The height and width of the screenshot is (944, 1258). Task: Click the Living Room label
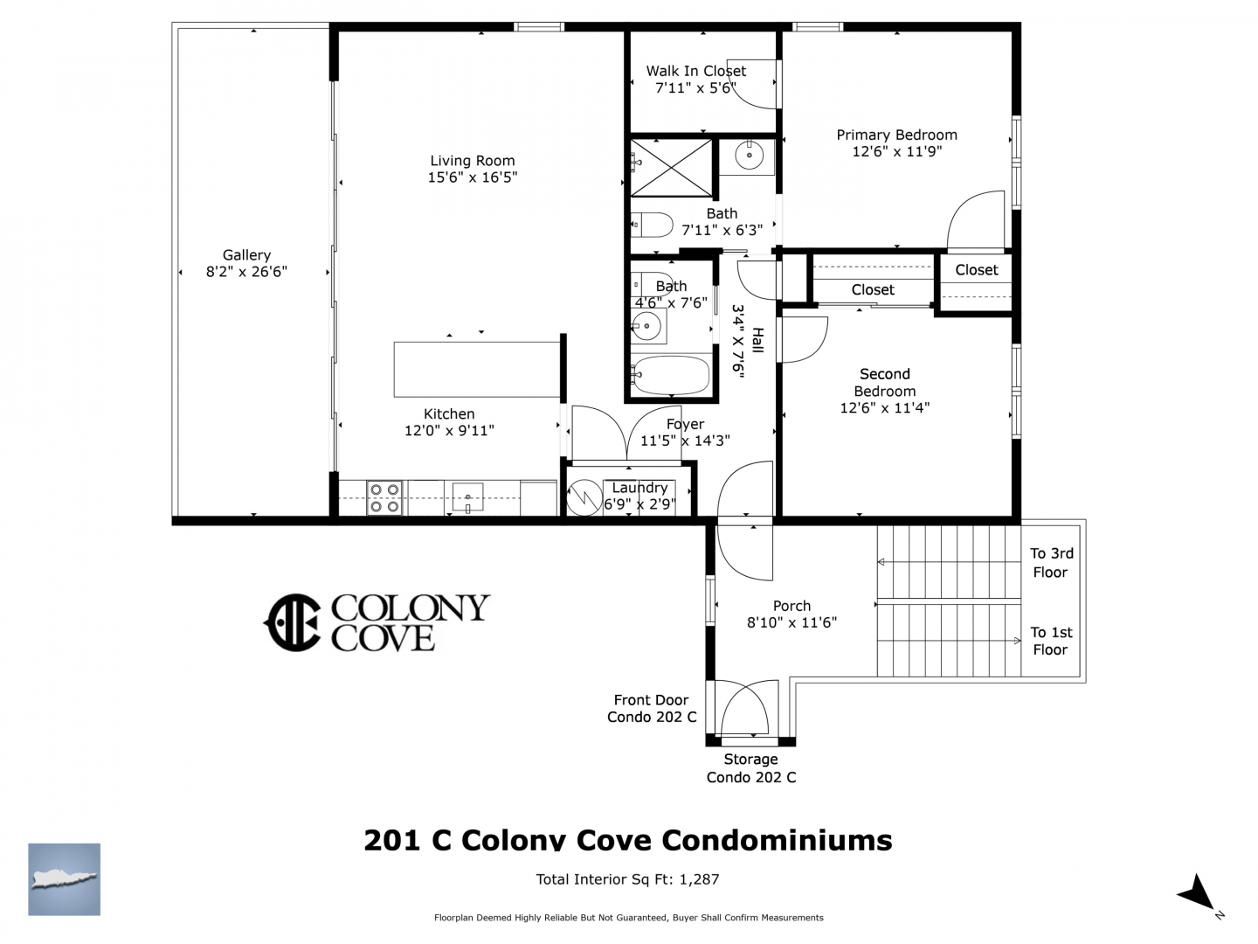point(473,161)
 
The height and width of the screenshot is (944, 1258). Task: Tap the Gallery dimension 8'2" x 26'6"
point(246,272)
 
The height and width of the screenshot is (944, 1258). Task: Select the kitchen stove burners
point(384,498)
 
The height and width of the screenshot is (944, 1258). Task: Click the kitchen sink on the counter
point(467,497)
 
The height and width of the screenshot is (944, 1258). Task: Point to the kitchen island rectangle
point(477,369)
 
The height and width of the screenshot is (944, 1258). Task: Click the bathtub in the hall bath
point(671,376)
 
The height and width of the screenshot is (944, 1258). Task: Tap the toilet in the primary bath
point(652,226)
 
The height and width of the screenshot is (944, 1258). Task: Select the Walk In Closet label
point(695,71)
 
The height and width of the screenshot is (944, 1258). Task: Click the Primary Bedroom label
point(896,135)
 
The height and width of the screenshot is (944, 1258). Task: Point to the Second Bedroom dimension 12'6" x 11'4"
point(884,407)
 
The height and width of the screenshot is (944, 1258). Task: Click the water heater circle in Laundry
point(584,497)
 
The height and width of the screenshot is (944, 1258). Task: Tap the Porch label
point(791,606)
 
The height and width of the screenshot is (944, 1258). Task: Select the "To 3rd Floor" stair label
point(1051,562)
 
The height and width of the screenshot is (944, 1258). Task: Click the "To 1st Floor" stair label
point(1051,641)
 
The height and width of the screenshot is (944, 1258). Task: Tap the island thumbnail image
point(64,879)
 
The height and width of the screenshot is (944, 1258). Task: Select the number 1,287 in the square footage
point(699,879)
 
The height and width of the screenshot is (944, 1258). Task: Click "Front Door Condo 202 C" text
point(652,708)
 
